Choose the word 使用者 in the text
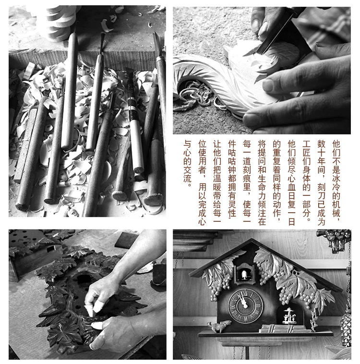point(203,160)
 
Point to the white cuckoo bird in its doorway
point(244,274)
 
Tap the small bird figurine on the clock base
point(219,325)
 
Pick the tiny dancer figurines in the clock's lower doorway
point(288,315)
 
